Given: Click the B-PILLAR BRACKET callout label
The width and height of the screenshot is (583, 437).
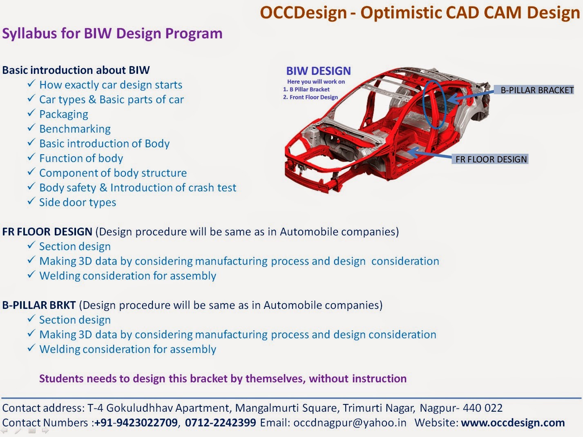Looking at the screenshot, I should (537, 90).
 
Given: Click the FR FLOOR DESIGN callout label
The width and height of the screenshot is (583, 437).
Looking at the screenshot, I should (491, 159).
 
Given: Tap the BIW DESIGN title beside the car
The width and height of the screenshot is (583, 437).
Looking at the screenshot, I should (318, 71).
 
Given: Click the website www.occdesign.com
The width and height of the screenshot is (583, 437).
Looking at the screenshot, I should (513, 423).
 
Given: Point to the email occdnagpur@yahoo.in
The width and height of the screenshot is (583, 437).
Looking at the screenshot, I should (350, 423).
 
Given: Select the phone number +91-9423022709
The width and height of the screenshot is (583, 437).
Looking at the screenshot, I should (136, 423).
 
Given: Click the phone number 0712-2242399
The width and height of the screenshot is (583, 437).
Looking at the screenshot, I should (221, 423).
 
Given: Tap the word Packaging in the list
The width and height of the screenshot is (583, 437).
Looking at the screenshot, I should (64, 114).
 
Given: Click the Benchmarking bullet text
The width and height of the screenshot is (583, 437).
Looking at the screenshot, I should (75, 129).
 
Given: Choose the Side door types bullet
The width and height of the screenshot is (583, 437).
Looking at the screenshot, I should (78, 202).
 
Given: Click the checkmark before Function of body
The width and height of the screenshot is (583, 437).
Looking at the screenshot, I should (31, 157).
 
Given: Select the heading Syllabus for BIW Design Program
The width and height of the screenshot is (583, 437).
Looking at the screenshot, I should (112, 33).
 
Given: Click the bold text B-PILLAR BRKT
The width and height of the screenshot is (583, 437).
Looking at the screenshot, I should (39, 305).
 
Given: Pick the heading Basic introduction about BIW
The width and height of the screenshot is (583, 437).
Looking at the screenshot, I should (76, 70).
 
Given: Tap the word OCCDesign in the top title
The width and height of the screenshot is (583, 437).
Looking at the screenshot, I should (303, 12).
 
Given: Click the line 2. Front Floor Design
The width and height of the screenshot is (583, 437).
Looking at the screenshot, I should (310, 97).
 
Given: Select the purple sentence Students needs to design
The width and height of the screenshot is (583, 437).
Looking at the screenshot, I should (223, 379).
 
